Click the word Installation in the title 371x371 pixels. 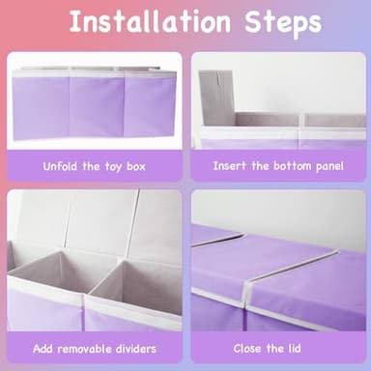pos(150,21)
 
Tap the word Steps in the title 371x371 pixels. pos(283,23)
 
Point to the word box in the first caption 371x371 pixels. pos(136,166)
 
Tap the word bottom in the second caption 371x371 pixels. pos(293,166)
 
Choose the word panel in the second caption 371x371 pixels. pos(329,166)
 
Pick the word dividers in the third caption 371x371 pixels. pos(135,349)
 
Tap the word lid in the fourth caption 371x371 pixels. pos(295,348)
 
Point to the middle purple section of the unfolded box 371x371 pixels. pos(97,105)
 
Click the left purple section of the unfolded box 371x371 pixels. pos(41,108)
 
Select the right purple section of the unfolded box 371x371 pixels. pos(150,103)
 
